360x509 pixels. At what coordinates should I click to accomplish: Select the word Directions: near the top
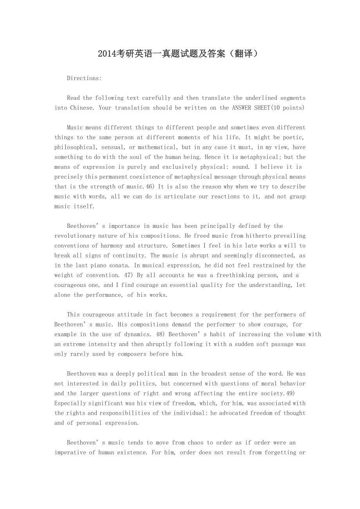coord(84,78)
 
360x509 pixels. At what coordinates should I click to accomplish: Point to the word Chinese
coord(82,108)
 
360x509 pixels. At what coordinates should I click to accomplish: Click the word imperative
coord(70,453)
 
